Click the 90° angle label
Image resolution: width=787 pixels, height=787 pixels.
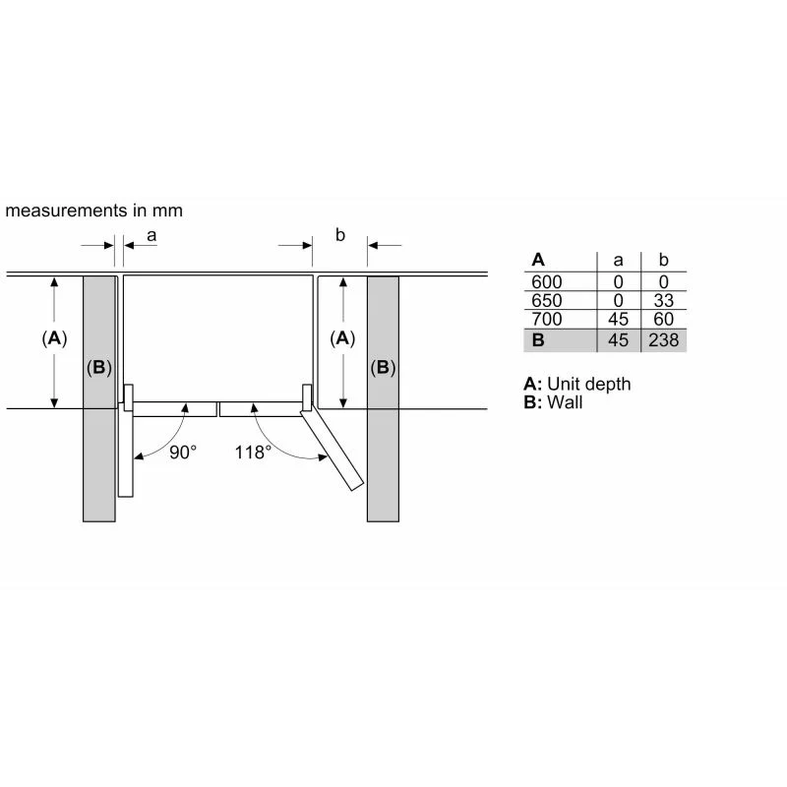[183, 453]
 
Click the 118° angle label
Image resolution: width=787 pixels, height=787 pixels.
[253, 453]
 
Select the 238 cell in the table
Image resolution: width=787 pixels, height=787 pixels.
[663, 340]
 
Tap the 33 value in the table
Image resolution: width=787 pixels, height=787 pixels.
[663, 301]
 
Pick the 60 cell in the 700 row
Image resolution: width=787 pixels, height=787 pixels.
[663, 319]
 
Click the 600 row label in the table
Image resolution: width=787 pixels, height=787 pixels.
[547, 282]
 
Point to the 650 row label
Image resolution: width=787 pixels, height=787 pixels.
[547, 301]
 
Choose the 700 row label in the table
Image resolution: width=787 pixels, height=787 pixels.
[547, 319]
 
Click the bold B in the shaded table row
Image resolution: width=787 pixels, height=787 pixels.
[538, 340]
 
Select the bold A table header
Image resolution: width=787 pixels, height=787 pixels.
[538, 260]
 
